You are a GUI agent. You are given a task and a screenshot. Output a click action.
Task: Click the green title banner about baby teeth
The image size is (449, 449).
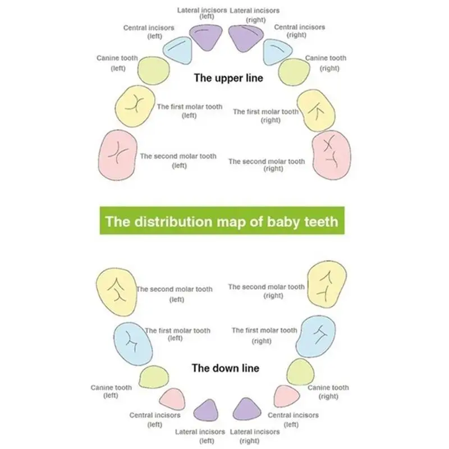pos(222,221)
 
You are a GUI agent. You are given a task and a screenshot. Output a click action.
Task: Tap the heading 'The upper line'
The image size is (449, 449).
pos(228,79)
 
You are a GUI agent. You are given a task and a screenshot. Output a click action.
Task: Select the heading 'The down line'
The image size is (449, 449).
pos(225,368)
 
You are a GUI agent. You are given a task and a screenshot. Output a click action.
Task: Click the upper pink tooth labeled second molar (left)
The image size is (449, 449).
pos(117,154)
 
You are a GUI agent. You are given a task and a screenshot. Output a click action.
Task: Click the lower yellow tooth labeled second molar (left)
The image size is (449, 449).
pos(117,291)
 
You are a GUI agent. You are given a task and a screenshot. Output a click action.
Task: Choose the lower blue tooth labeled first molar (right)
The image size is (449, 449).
pos(317,336)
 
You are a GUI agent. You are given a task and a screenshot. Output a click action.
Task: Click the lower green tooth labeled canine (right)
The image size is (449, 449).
pos(299,370)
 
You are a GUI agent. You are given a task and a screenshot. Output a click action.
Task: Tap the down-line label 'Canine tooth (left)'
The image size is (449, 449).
pos(111,391)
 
